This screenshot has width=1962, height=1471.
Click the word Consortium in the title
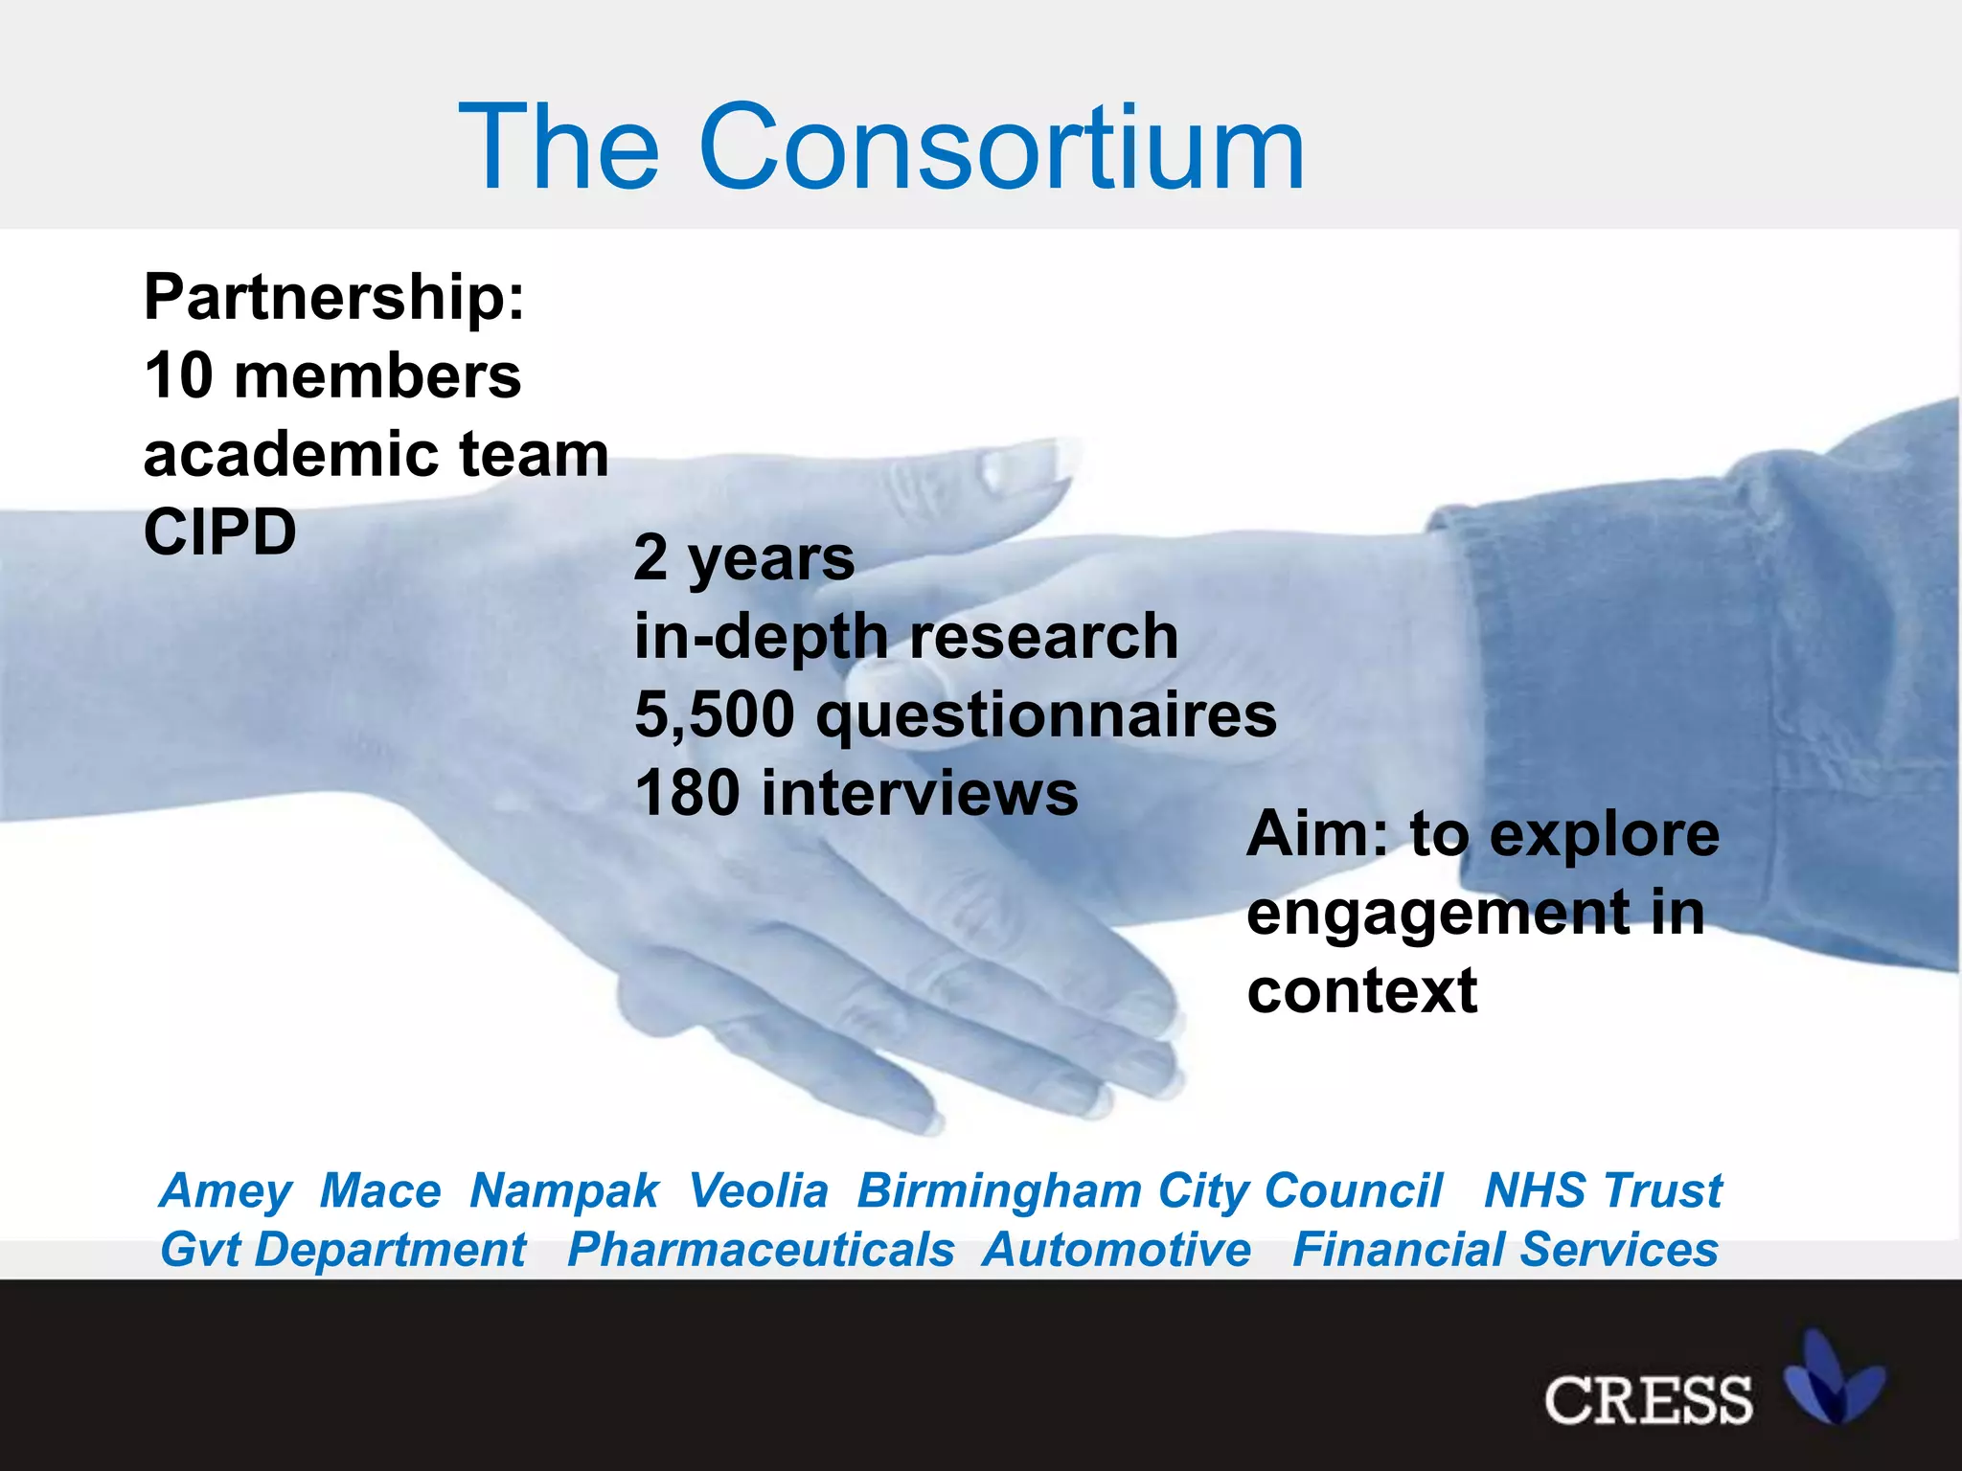click(x=1001, y=148)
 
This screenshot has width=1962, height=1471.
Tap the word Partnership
click(x=333, y=297)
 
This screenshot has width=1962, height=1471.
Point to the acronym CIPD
click(x=220, y=532)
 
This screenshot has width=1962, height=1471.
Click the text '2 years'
click(x=744, y=558)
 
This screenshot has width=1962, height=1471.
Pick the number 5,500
click(x=715, y=715)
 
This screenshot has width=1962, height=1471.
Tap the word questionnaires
click(x=1046, y=715)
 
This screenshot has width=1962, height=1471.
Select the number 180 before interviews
click(x=687, y=794)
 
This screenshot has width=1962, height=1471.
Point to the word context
click(x=1362, y=991)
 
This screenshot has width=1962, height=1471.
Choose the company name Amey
click(x=226, y=1191)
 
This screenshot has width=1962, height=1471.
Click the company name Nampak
click(x=564, y=1191)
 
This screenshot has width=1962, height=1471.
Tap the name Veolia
click(x=758, y=1191)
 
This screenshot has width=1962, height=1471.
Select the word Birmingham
click(x=999, y=1191)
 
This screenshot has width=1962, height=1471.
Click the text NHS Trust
click(x=1603, y=1191)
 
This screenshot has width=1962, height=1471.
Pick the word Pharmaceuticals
click(x=761, y=1251)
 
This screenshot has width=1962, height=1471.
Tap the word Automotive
click(x=1116, y=1251)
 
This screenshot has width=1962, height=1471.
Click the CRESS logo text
click(x=1648, y=1400)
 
